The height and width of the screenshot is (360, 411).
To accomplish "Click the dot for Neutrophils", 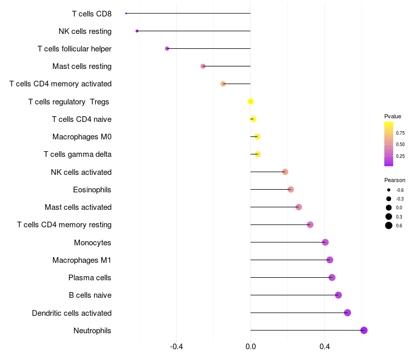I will tap(364, 330).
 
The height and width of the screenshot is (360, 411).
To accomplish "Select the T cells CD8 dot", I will tap(126, 13).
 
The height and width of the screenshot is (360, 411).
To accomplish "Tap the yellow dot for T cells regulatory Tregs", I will tap(251, 101).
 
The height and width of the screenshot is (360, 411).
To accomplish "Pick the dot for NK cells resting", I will tap(137, 31).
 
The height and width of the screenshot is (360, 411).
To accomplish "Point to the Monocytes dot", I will tap(325, 242).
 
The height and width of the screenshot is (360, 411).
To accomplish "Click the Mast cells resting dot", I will tap(203, 66).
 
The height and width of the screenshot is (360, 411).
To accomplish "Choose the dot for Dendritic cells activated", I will tap(347, 313).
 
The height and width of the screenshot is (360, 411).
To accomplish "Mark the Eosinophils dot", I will tap(291, 189).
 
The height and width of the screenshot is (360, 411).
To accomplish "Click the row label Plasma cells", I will tap(90, 278).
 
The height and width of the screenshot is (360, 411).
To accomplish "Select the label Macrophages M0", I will tap(82, 137).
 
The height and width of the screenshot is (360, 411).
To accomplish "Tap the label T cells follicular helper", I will tap(74, 49).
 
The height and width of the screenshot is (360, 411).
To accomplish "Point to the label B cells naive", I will tap(90, 295).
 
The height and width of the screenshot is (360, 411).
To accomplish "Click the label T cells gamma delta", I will tap(78, 154).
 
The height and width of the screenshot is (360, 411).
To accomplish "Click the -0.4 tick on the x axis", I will tap(177, 346).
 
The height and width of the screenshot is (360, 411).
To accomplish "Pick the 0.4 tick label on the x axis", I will tap(325, 346).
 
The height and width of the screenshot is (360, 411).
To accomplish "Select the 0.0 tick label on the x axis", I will tap(251, 346).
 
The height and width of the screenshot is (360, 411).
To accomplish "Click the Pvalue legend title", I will tap(393, 116).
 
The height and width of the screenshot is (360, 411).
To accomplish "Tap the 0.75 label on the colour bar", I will tap(400, 133).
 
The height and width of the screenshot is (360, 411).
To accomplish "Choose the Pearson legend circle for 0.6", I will tap(389, 225).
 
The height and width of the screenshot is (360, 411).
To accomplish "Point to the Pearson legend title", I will tap(395, 180).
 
